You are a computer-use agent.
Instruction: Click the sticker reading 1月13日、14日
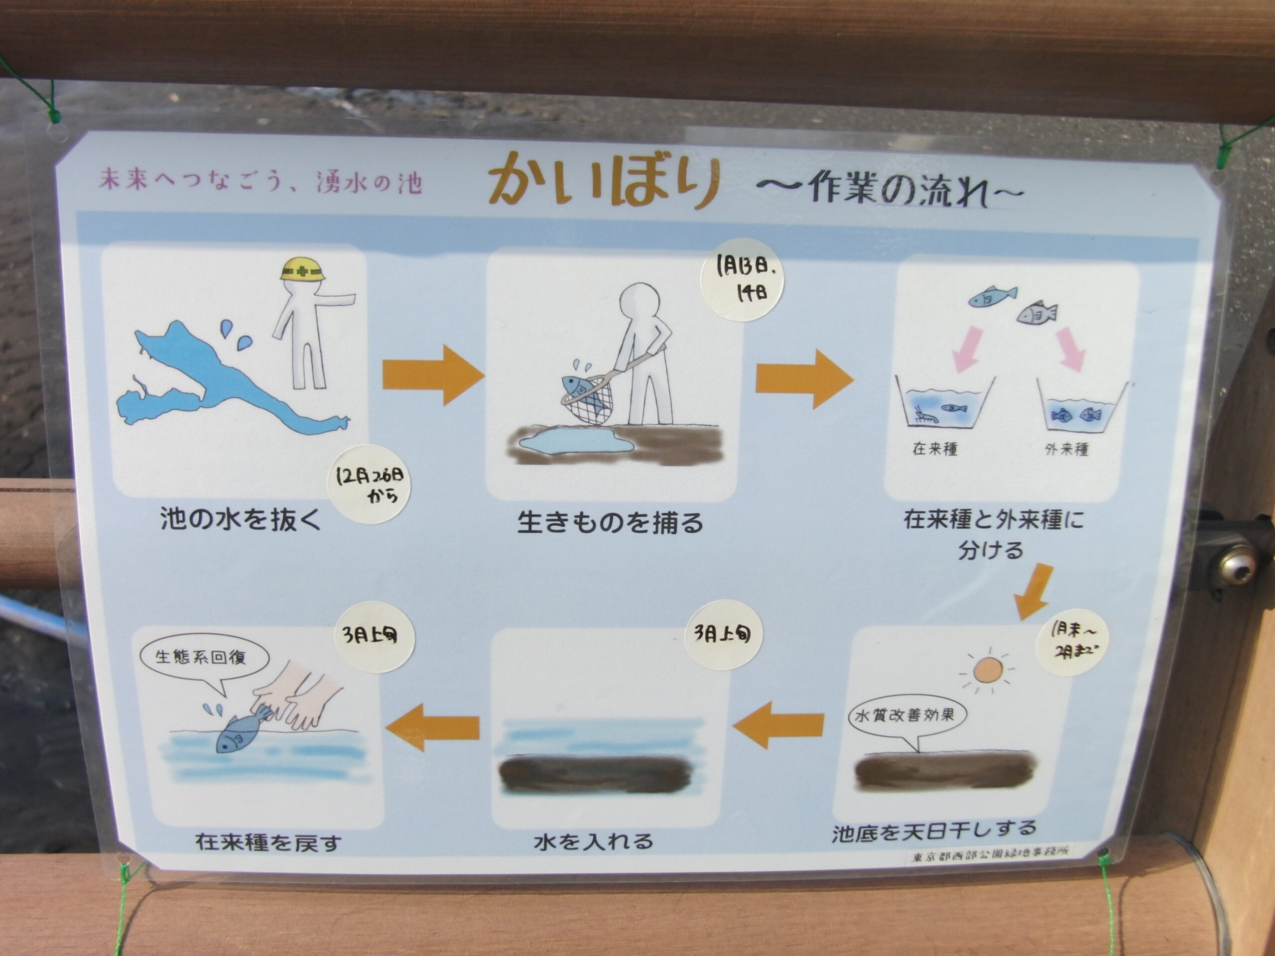743,279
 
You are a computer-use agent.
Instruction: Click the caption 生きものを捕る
610,522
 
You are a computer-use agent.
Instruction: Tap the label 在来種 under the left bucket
935,448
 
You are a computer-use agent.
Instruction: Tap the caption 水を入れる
594,841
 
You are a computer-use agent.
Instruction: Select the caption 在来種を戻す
268,842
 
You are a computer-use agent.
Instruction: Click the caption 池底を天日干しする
934,831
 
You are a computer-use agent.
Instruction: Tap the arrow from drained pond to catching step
433,374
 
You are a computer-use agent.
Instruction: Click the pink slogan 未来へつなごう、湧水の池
260,181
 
